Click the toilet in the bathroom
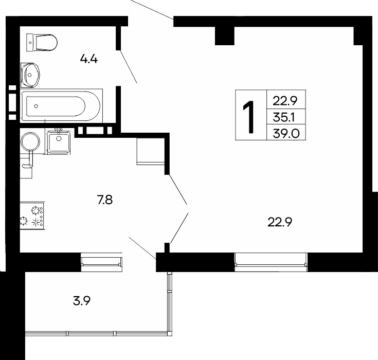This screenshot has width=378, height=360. (42, 43)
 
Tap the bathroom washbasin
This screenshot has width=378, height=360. (30, 75)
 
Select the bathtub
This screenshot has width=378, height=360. (62, 106)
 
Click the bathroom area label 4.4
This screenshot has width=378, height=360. (88, 59)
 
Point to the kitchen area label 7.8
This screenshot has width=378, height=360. (104, 200)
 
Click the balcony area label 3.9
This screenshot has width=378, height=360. (82, 301)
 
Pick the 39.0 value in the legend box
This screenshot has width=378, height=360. (286, 133)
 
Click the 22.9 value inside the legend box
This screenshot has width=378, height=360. (285, 101)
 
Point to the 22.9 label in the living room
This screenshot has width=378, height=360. (280, 222)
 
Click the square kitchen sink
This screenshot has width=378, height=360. (59, 142)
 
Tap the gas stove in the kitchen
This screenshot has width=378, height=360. (32, 215)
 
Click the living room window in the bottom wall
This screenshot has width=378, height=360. (271, 262)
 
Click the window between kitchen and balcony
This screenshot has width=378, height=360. (101, 262)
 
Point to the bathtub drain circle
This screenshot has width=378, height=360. (36, 106)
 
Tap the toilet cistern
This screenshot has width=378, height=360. (30, 43)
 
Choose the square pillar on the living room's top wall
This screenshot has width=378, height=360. (224, 35)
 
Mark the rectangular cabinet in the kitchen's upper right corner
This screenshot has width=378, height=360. (151, 151)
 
